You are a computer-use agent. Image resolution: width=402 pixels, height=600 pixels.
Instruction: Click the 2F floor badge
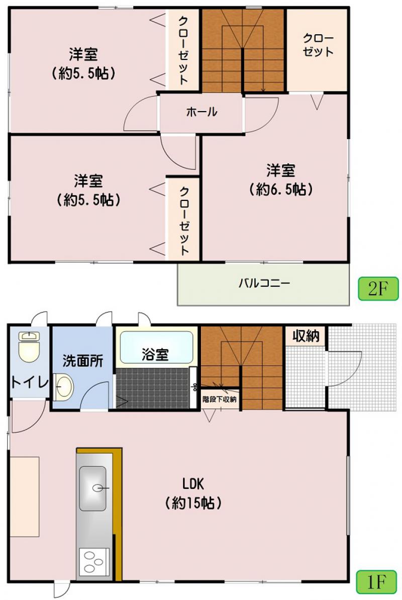pos(378,288)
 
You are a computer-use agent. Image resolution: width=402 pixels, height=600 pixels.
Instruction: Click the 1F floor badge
pos(376,582)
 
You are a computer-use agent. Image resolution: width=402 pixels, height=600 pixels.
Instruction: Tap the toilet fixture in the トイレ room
pos(29,346)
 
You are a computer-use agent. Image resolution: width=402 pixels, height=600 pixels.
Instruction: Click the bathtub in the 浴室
pos(156,347)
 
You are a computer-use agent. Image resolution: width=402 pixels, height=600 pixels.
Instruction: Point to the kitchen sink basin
pos(92,488)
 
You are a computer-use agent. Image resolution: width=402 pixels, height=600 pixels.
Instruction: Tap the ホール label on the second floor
pos(202,112)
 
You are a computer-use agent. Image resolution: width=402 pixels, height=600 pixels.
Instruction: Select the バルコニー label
pos(264,283)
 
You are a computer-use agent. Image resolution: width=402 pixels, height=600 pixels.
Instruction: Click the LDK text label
pos(193,484)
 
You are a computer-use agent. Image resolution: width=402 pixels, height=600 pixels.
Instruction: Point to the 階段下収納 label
pos(220,399)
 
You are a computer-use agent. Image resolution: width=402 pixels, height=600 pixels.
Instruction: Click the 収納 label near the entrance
pos(306,336)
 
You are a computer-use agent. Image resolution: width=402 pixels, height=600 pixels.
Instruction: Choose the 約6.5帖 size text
pos(281,189)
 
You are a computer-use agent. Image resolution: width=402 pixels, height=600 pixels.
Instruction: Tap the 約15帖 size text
pos(193,503)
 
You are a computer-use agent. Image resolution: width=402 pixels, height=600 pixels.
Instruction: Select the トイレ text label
pos(30,382)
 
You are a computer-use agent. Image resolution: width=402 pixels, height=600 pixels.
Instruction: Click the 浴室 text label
pos(155,355)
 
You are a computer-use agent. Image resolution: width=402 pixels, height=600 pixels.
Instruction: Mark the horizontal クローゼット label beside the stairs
pos(318,45)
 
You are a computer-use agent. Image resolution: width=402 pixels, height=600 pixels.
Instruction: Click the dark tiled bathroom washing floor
pos(153,388)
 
